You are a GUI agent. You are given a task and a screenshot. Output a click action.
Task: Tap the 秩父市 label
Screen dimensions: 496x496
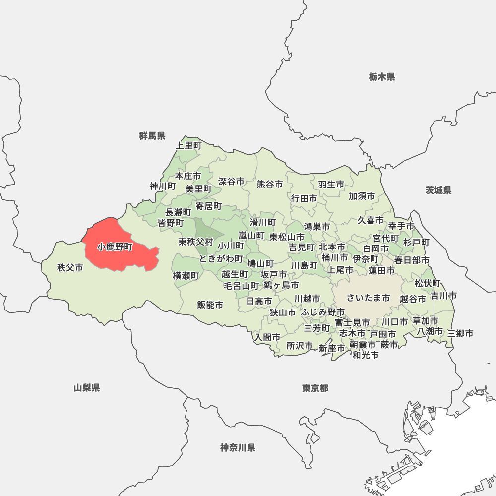70,268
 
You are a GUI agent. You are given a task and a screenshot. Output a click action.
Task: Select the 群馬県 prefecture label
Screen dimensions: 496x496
152,136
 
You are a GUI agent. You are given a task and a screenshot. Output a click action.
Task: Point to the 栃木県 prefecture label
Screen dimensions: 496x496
382,77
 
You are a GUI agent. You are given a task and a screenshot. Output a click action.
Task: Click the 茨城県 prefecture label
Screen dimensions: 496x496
438,190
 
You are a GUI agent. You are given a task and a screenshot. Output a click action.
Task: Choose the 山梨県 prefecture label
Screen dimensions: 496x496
87,388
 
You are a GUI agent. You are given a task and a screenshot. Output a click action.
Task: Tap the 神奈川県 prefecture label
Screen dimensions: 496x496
238,448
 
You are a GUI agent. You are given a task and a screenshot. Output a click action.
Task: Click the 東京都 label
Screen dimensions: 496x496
315,388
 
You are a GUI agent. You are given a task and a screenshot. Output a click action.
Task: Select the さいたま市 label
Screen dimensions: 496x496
369,298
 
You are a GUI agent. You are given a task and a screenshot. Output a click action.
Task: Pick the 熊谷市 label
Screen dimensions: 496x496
270,184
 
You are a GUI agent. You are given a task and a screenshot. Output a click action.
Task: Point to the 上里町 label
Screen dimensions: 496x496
189,146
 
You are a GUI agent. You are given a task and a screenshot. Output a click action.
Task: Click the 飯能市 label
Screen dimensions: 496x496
210,305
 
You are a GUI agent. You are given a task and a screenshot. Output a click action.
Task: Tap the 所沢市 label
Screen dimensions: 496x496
300,345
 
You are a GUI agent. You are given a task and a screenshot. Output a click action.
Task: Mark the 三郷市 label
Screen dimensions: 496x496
460,333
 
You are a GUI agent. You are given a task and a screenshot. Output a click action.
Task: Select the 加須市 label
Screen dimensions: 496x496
362,196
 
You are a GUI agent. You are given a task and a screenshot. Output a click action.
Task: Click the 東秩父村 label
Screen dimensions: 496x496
196,242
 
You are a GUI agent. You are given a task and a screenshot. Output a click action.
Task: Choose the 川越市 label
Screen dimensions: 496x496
307,299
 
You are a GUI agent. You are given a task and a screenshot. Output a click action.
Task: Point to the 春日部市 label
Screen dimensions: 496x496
412,260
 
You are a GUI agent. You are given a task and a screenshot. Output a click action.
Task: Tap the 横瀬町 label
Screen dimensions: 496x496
186,275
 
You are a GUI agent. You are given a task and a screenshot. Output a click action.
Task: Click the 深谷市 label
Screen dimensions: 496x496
231,182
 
